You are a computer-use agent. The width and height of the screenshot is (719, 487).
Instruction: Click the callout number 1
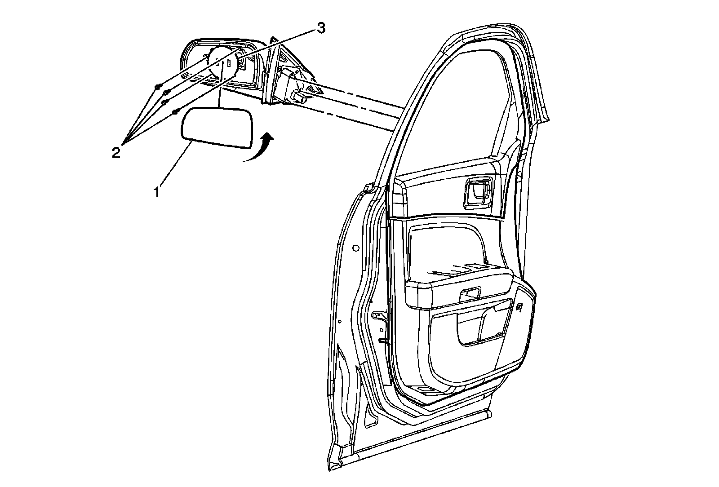point(156,193)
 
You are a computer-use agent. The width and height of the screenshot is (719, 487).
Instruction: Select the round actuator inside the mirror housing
point(223,62)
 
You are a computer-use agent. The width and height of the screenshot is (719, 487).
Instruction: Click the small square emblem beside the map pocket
point(519,307)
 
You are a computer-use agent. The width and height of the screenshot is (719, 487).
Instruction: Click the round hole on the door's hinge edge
point(356,248)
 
